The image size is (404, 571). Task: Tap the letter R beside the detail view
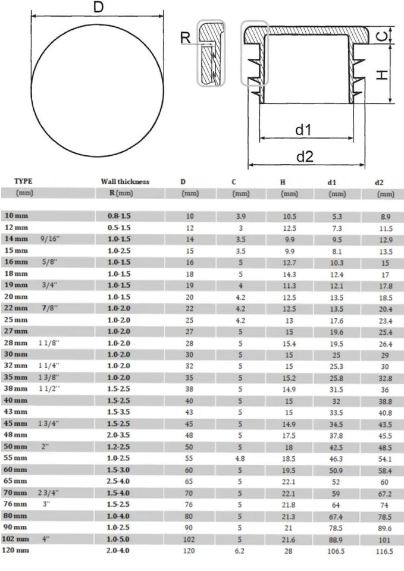[186, 37]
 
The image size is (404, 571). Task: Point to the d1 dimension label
[305, 129]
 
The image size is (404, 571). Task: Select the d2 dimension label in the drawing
[305, 156]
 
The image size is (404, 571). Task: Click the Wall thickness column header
[125, 181]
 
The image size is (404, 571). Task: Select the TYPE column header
[23, 181]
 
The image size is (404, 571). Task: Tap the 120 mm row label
[17, 551]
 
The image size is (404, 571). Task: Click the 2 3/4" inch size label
[51, 493]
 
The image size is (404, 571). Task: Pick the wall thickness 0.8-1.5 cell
[118, 216]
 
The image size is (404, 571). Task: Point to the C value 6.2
[241, 551]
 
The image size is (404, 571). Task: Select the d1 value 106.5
[337, 551]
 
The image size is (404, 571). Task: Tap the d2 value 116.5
[386, 551]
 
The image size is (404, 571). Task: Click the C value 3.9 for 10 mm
[241, 216]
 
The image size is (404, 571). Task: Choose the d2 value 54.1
[386, 459]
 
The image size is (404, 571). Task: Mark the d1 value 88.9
[337, 539]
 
